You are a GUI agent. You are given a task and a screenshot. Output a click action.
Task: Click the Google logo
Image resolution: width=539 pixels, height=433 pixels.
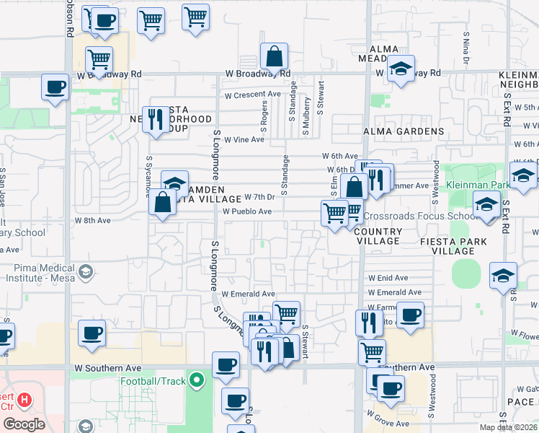[23, 424]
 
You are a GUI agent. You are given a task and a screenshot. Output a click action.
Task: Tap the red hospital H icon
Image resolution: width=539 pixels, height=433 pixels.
[24, 399]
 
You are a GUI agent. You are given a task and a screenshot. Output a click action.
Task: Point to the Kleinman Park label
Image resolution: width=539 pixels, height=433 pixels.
[476, 185]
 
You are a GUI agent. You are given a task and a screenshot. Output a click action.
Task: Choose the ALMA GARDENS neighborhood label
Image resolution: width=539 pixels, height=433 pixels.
[404, 131]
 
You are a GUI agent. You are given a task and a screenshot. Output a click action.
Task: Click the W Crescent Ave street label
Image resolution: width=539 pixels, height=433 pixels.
[252, 95]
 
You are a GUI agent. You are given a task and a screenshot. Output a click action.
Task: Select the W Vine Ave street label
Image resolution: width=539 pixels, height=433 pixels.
[244, 139]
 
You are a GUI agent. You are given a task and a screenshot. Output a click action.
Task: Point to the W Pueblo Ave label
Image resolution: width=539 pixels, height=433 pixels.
[246, 211]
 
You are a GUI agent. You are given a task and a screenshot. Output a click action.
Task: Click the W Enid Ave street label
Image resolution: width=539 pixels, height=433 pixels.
[388, 277]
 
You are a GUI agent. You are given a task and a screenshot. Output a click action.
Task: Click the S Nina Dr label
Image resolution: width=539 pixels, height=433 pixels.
[467, 47]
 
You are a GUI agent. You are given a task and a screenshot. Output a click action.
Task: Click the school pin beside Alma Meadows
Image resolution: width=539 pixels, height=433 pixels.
[401, 69]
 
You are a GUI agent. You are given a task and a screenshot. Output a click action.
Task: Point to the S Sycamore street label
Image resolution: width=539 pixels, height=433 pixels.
[148, 173]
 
